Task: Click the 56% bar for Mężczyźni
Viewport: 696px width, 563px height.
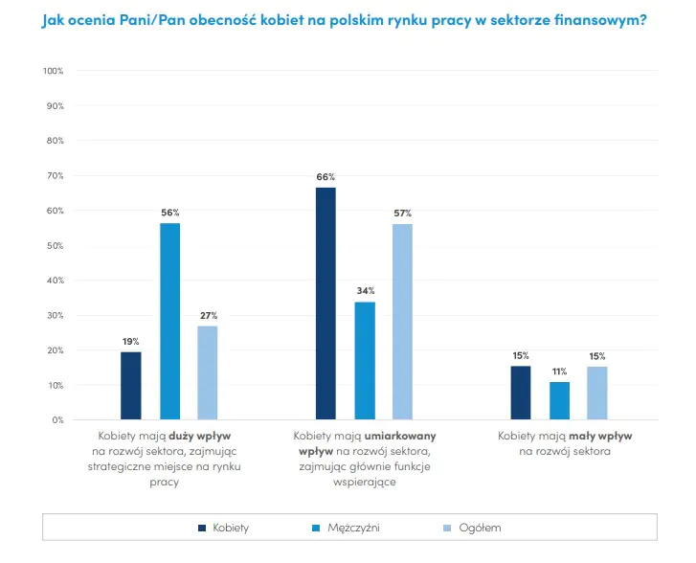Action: click(x=169, y=321)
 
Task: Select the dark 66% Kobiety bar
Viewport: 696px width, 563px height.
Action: click(x=326, y=304)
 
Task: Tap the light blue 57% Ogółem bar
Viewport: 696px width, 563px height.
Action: click(x=402, y=322)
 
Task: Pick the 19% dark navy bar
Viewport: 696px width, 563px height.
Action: click(x=131, y=386)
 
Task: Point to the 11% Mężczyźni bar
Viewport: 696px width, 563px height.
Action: click(x=559, y=401)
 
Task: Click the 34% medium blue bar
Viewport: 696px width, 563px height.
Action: click(x=365, y=361)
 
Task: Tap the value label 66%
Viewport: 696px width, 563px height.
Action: click(x=326, y=177)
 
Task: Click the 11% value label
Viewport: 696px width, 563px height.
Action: click(x=559, y=372)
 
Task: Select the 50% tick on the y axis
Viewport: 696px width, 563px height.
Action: click(x=56, y=246)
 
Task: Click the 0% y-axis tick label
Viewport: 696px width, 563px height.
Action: click(x=57, y=420)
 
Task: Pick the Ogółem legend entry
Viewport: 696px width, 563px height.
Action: click(x=479, y=528)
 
